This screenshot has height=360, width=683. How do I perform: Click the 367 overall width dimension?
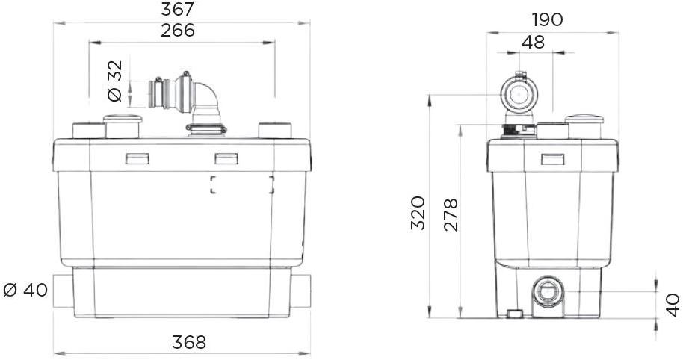click(x=177, y=9)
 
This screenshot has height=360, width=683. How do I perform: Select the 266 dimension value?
click(x=178, y=31)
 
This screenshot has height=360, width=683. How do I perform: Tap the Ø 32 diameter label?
click(x=115, y=81)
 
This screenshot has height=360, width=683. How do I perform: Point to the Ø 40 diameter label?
click(x=25, y=290)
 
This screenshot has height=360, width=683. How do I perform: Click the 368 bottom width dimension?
click(x=189, y=342)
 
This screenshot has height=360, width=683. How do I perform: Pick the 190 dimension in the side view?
click(x=547, y=19)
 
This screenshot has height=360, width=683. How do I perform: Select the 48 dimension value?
click(x=533, y=43)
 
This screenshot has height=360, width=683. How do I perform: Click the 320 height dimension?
click(x=418, y=213)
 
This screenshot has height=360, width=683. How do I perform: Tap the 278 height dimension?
click(x=451, y=214)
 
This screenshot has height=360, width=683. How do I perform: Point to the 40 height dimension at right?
click(x=673, y=305)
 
